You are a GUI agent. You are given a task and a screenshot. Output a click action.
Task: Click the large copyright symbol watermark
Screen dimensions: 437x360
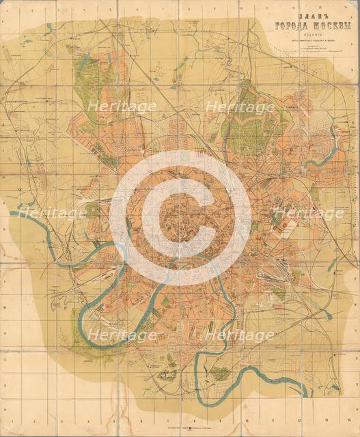pyautogui.click(x=180, y=217)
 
